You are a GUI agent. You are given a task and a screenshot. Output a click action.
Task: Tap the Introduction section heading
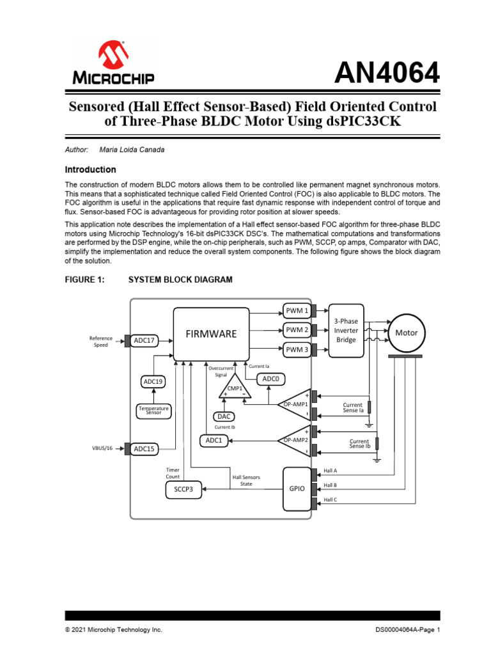pyautogui.click(x=91, y=170)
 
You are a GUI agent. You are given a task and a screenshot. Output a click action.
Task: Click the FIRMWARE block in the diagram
pyautogui.click(x=211, y=333)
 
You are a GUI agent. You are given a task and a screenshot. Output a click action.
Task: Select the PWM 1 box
pyautogui.click(x=297, y=311)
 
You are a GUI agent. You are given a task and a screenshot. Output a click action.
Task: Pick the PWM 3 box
pyautogui.click(x=297, y=349)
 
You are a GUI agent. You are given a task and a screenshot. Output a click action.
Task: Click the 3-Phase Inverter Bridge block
pyautogui.click(x=346, y=330)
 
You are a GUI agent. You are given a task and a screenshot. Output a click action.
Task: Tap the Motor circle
pyautogui.click(x=406, y=333)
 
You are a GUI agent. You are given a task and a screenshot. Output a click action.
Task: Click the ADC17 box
pyautogui.click(x=144, y=340)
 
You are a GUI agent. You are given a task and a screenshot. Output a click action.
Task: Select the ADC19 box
pyautogui.click(x=153, y=382)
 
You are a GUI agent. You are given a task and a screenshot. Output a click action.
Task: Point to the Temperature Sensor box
pyautogui.click(x=153, y=410)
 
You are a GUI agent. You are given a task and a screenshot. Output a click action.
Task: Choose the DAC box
pyautogui.click(x=223, y=416)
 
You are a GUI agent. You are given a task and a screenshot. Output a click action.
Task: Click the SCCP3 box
pyautogui.click(x=183, y=490)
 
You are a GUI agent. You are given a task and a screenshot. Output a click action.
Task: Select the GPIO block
pyautogui.click(x=296, y=489)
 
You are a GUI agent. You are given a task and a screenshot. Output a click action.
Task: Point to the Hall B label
pyautogui.click(x=330, y=485)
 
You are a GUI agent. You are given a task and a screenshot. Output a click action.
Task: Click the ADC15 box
pyautogui.click(x=144, y=449)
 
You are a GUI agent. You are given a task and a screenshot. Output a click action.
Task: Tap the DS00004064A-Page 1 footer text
pyautogui.click(x=408, y=630)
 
